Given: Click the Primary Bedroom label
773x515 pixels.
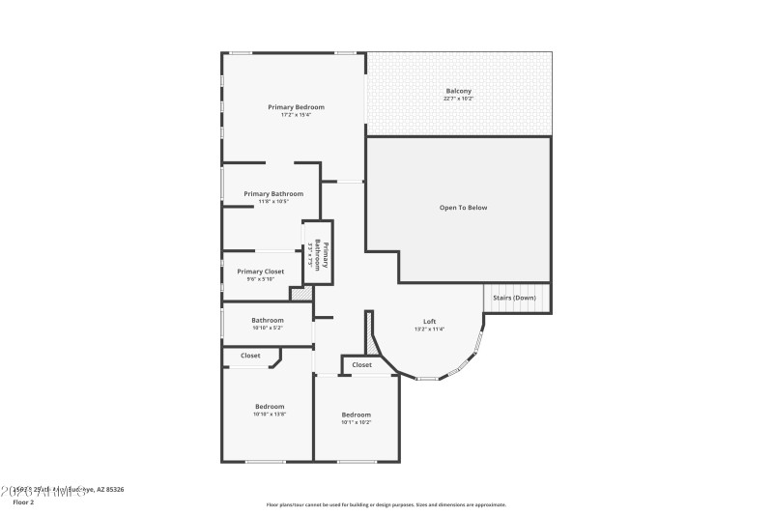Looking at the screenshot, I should (x=296, y=106).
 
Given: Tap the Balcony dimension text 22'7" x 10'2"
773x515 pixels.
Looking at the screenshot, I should (x=458, y=99).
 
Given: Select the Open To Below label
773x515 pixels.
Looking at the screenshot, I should (x=463, y=208).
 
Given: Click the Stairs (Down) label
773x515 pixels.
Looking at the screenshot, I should (x=514, y=298).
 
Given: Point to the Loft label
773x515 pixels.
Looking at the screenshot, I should (x=430, y=321).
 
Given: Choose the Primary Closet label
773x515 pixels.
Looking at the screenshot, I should (x=261, y=272).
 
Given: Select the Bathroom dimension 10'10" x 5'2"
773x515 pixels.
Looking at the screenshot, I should (x=268, y=329).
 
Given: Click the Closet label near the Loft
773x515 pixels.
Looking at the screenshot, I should (x=361, y=364).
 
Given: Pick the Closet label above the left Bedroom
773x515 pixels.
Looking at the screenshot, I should (x=250, y=356).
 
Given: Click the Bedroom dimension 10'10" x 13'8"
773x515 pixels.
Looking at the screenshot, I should (x=270, y=415).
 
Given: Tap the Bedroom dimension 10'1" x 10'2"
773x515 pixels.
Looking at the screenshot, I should (x=356, y=422).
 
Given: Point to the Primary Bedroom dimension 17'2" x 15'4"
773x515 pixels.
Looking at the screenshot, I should (x=296, y=115).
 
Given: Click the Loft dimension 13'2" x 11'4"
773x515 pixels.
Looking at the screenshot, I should (x=430, y=329).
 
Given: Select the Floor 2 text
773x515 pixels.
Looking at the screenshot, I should (x=23, y=502).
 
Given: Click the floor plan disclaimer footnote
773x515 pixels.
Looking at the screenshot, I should (x=386, y=504).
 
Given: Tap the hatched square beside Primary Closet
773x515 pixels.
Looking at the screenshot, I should (x=301, y=293).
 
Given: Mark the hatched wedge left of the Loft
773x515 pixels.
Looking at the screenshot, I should (x=370, y=339).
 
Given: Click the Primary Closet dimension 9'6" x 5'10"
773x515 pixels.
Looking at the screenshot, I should (x=261, y=280).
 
